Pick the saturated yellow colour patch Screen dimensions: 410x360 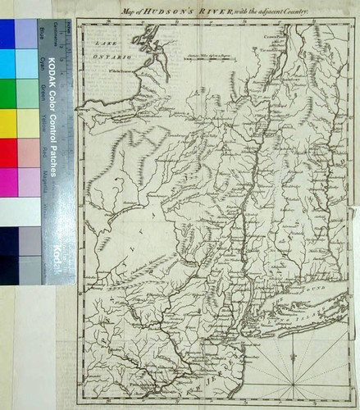[x=7, y=123]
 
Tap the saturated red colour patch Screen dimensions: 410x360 [x=7, y=153]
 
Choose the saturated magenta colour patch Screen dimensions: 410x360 [x=7, y=182]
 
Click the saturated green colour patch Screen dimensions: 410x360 [x=7, y=93]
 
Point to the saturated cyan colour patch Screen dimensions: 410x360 [x=7, y=64]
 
